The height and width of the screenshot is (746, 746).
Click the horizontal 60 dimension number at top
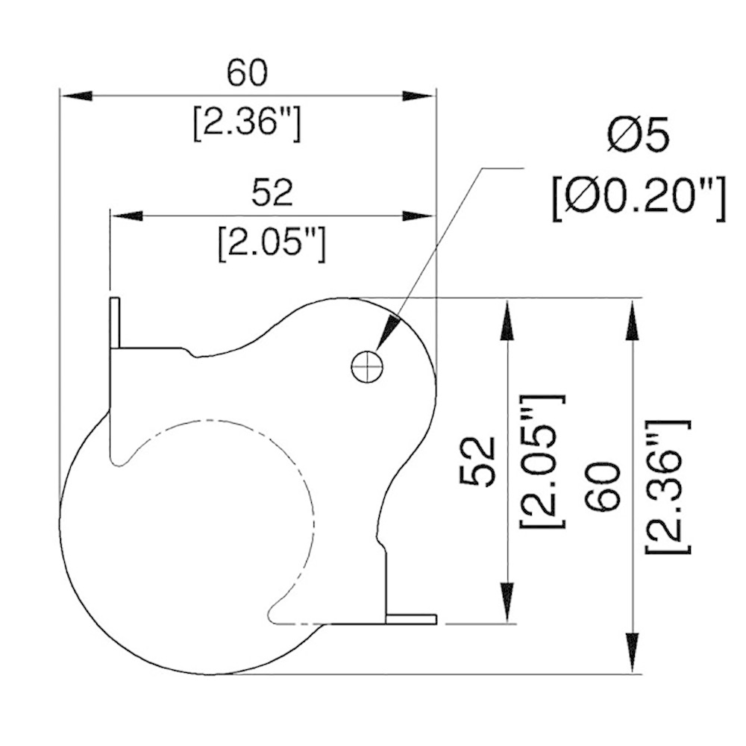point(247,73)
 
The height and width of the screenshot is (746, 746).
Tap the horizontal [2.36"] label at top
point(247,124)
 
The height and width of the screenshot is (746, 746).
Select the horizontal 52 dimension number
point(272,192)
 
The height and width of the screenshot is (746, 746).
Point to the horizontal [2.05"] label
point(272,244)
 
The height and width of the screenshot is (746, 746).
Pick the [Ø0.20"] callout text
point(639,199)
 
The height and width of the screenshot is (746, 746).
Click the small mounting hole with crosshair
point(367,367)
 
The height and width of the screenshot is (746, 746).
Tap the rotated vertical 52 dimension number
point(477,462)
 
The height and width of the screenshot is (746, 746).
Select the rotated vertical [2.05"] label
point(542,461)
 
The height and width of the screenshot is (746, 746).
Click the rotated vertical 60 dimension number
point(605,486)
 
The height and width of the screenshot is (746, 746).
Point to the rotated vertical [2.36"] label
point(668,487)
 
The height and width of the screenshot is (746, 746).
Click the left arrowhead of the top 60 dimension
point(76,95)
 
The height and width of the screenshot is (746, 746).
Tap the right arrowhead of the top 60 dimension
point(418,95)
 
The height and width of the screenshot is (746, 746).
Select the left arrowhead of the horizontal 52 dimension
point(127,216)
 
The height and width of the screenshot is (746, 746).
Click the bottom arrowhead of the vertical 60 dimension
point(632,653)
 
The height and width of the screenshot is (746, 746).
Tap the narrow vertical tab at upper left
point(115,323)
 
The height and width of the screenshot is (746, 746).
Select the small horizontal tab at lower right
point(412,618)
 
